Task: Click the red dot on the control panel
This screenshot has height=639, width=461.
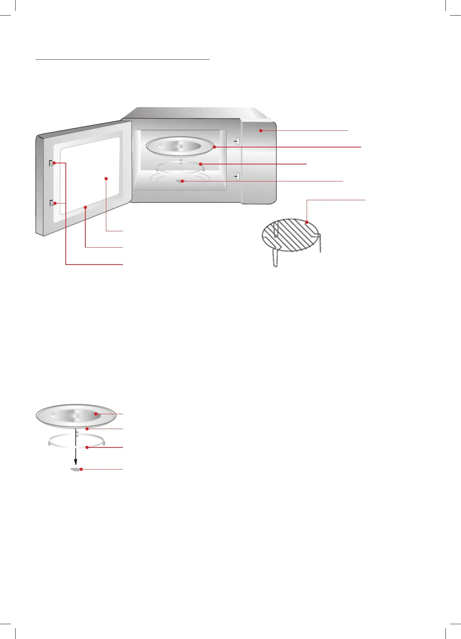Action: point(260,130)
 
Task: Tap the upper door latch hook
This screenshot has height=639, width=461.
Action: point(51,163)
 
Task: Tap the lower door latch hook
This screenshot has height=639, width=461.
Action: point(51,203)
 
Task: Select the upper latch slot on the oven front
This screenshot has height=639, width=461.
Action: point(238,141)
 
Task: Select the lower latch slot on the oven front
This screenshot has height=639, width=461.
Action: point(238,176)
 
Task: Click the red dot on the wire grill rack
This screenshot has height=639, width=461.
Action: point(307,222)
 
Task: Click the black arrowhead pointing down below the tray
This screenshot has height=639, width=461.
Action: point(76,462)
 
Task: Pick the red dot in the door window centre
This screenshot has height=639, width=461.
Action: point(106,178)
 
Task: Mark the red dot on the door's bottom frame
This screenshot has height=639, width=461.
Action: point(85,207)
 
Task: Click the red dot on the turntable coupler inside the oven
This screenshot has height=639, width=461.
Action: point(183,181)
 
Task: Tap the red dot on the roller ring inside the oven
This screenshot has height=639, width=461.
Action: point(200,164)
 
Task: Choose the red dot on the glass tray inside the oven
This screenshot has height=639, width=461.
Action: point(214,147)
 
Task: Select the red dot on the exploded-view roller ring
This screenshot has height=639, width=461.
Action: point(87,447)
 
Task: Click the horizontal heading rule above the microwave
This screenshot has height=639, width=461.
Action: point(123,59)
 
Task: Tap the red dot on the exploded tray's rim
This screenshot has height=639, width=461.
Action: point(87,429)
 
